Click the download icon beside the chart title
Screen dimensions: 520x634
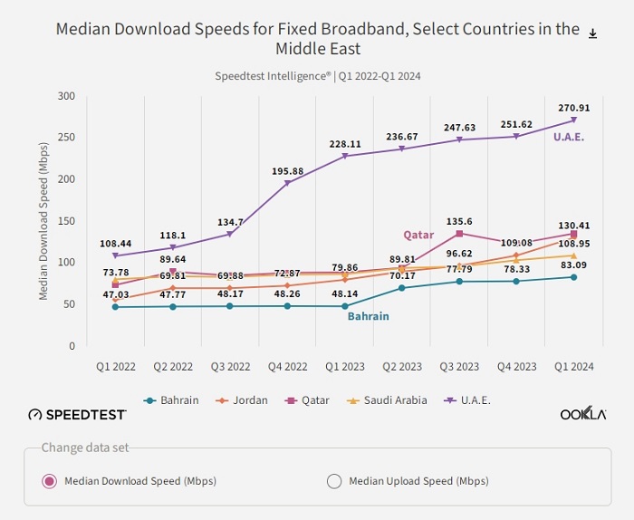(593, 34)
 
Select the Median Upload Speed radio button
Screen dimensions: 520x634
(333, 481)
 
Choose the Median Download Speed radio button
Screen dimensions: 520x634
(50, 481)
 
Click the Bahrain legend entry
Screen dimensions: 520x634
(172, 400)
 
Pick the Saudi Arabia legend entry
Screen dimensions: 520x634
(389, 400)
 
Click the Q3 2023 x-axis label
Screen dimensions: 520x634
(459, 367)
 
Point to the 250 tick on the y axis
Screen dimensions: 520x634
(66, 137)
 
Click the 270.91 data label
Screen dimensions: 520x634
(573, 108)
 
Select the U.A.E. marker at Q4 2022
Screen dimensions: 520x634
(287, 183)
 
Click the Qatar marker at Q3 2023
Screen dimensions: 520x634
(459, 234)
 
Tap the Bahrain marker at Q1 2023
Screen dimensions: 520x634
(344, 306)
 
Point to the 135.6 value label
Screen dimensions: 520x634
(459, 220)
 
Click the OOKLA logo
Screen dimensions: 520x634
(582, 414)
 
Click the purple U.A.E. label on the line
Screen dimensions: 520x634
(569, 137)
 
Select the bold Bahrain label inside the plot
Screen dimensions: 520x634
(369, 316)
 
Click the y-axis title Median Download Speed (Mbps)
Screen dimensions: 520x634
(43, 220)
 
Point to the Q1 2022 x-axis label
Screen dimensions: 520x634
(115, 367)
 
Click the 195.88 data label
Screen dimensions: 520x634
(287, 170)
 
